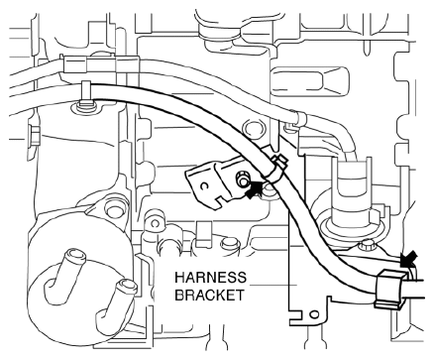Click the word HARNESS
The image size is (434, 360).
210,278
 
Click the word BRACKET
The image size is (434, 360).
209,295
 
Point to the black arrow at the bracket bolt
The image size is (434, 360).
255,189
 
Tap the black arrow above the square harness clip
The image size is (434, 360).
408,257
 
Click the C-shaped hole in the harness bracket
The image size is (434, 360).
204,186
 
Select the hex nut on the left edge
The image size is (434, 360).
35,135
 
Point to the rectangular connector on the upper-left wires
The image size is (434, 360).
76,64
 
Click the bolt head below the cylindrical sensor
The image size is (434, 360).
367,246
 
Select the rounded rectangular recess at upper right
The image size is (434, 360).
310,81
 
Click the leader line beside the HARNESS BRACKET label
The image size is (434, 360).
272,285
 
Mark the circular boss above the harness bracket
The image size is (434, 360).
254,130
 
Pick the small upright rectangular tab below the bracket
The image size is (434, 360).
204,234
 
